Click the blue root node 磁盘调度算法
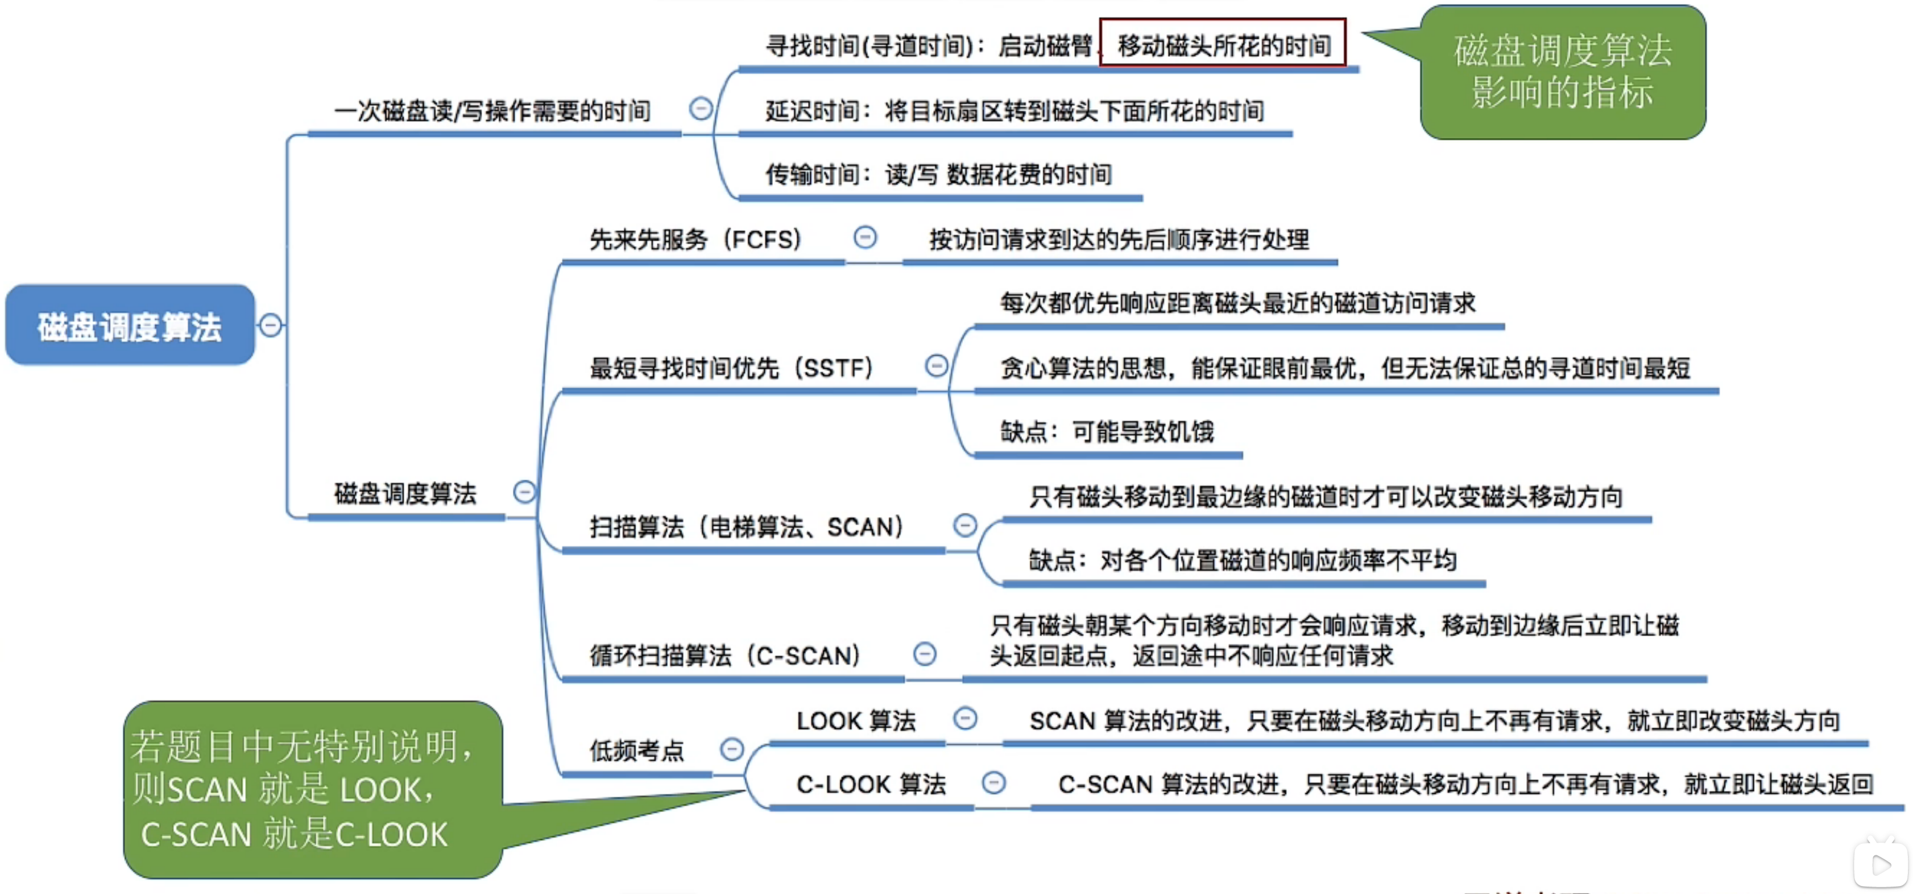130,326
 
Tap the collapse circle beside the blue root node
271,326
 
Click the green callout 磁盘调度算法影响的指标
1562,72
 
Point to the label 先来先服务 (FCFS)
695,240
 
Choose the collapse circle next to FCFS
865,238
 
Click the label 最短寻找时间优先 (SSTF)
731,368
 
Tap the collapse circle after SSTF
936,365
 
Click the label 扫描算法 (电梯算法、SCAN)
746,527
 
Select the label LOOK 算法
856,720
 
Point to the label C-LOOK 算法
871,784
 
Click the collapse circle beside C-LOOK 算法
993,782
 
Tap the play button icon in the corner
1881,864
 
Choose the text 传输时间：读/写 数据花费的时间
938,175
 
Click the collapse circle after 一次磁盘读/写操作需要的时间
700,109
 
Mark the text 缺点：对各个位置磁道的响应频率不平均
1242,561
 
